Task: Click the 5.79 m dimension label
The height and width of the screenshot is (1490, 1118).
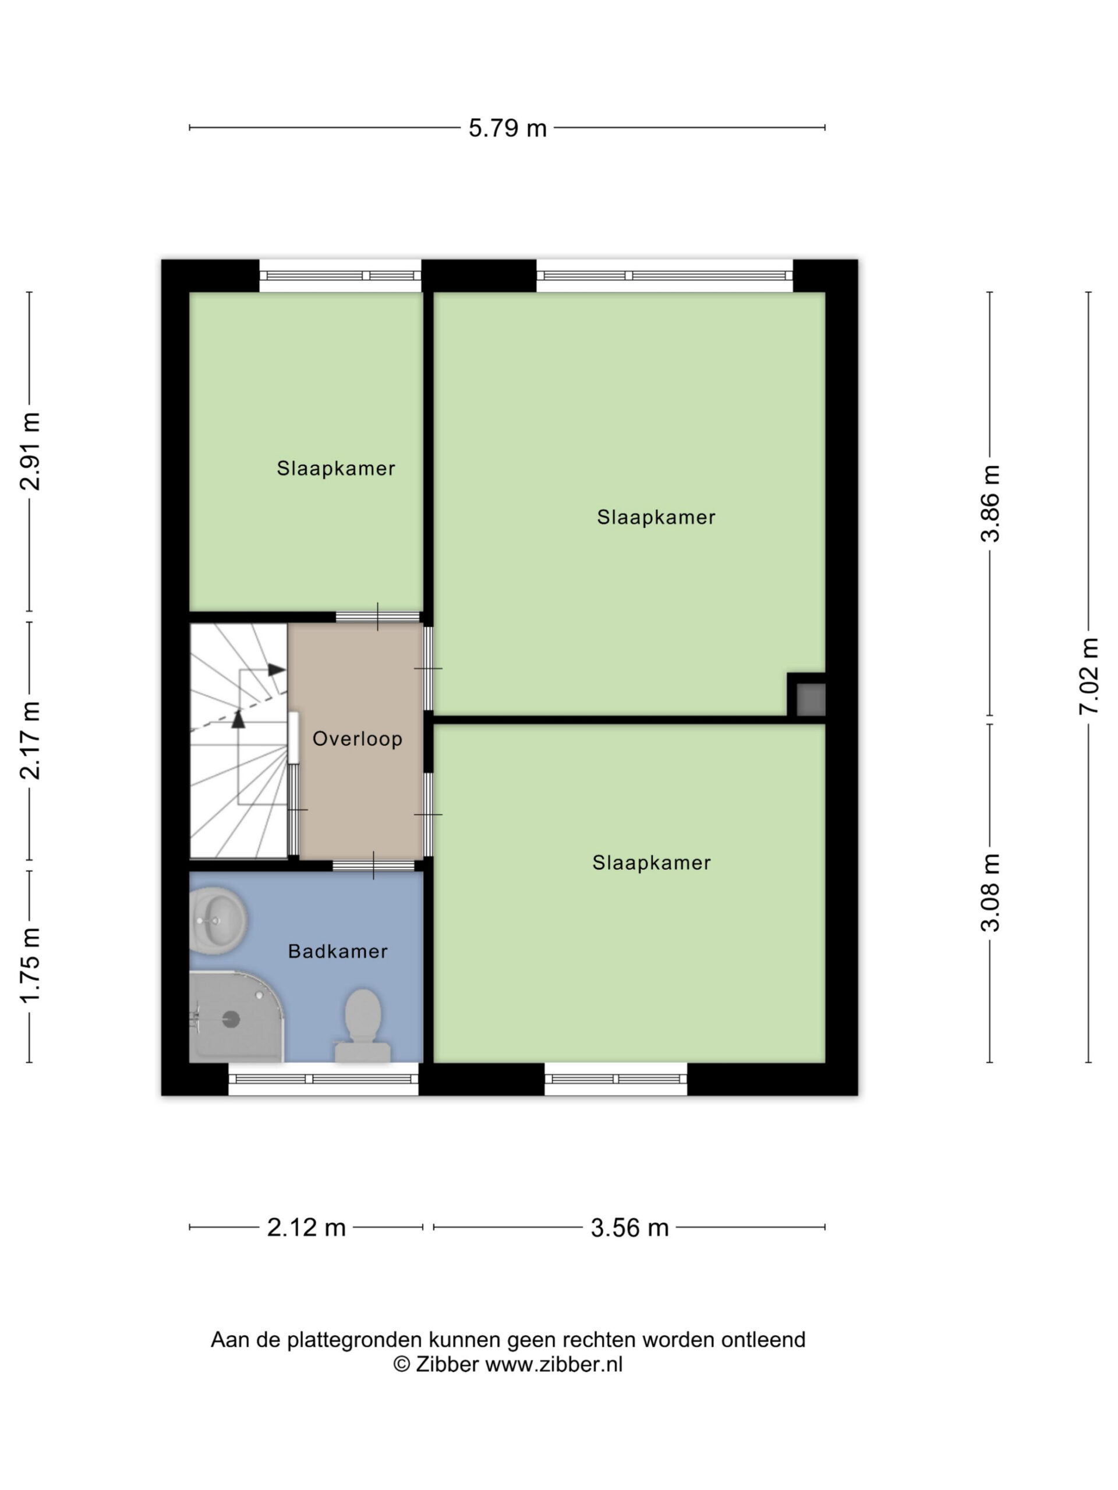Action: point(507,127)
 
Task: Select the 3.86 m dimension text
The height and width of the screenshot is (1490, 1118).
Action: point(990,503)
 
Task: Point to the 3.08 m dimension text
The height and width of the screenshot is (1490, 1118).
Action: point(990,892)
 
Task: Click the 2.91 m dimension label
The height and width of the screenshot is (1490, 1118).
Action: point(30,451)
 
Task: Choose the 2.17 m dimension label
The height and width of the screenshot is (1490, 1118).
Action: point(30,740)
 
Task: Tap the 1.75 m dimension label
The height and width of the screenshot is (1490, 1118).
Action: point(30,964)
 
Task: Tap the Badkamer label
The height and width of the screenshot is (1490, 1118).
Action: point(338,951)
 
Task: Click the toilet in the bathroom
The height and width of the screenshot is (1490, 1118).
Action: point(363,1024)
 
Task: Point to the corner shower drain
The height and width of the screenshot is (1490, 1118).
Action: point(231,1019)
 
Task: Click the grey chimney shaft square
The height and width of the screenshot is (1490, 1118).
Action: point(811,699)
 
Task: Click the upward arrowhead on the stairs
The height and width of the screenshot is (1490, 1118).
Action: point(238,719)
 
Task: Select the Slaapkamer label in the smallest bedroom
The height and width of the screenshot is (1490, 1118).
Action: point(335,468)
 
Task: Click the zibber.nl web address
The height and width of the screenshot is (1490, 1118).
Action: point(554,1364)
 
